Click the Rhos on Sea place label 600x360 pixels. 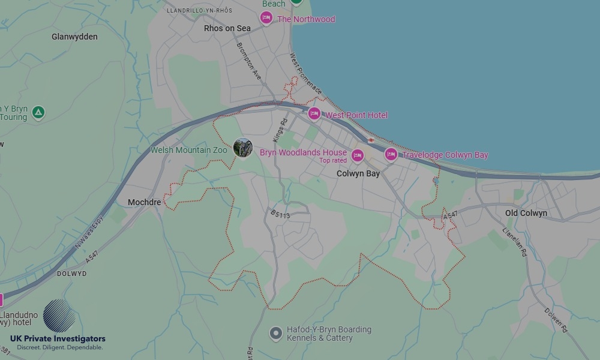[227, 28]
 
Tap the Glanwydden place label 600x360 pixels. [74, 37]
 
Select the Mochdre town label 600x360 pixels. [145, 202]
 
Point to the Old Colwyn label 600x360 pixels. [526, 213]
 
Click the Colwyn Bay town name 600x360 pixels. [358, 173]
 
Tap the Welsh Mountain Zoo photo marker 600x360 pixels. [242, 148]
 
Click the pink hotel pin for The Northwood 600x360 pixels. [266, 19]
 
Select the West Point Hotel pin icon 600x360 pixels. [314, 113]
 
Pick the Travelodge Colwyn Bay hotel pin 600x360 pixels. [391, 154]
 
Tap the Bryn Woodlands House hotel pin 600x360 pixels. [358, 156]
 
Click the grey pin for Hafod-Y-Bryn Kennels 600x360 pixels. [275, 332]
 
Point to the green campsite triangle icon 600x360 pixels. [38, 112]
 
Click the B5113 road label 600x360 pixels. [280, 213]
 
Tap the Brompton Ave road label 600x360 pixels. [249, 61]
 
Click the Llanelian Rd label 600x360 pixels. [514, 242]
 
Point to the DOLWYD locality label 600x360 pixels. [71, 274]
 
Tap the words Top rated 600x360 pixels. [333, 161]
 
